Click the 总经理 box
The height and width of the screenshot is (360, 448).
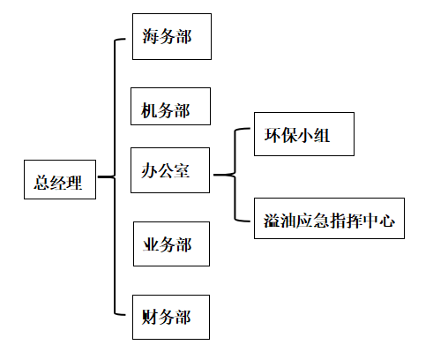(60, 179)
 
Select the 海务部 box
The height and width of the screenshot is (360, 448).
(172, 36)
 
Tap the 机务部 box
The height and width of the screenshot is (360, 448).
(170, 106)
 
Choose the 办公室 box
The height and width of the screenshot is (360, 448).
(170, 170)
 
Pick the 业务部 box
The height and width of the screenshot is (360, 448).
(171, 244)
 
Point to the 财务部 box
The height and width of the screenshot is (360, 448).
(171, 317)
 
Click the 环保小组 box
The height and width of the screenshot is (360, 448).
(304, 134)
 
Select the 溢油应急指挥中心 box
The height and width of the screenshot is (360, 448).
(329, 218)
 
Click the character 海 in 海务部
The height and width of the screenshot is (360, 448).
(151, 36)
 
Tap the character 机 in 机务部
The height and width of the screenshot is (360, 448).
(149, 110)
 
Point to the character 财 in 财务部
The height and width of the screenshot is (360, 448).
(150, 317)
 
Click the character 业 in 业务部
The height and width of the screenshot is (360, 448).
(151, 244)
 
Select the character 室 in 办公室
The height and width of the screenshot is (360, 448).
(182, 170)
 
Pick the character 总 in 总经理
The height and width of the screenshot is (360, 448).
(41, 183)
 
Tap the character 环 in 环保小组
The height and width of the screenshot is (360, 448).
(273, 135)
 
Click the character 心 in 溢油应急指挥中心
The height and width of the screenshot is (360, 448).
(387, 221)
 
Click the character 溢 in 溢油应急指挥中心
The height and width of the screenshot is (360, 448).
(272, 221)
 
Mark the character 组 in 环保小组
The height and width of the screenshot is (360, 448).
(321, 135)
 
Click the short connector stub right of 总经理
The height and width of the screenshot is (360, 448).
(106, 176)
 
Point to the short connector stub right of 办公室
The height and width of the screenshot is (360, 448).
(224, 175)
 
